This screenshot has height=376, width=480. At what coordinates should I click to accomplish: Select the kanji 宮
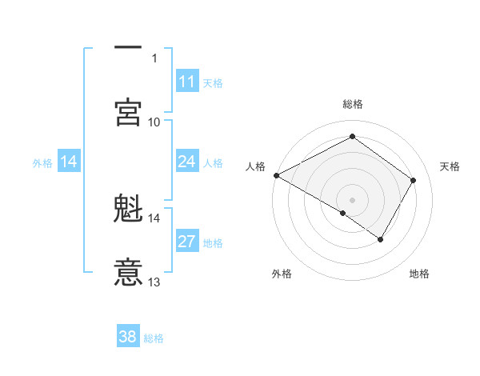pyautogui.click(x=129, y=112)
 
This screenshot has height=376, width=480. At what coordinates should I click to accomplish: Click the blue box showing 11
pyautogui.click(x=187, y=82)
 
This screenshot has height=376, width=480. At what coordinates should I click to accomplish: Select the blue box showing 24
pyautogui.click(x=187, y=162)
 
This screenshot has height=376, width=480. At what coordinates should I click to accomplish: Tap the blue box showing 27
pyautogui.click(x=187, y=242)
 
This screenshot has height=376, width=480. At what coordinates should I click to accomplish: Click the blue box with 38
pyautogui.click(x=128, y=337)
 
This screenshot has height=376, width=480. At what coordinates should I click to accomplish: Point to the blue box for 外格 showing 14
pyautogui.click(x=69, y=162)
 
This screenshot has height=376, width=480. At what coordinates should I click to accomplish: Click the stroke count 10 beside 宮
pyautogui.click(x=154, y=122)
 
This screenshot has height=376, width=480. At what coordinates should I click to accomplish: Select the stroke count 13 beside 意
pyautogui.click(x=154, y=282)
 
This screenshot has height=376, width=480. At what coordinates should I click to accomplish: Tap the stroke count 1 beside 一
pyautogui.click(x=154, y=58)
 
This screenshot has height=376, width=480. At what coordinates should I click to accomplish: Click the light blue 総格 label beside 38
pyautogui.click(x=154, y=338)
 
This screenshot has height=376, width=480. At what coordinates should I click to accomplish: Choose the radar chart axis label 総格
pyautogui.click(x=353, y=104)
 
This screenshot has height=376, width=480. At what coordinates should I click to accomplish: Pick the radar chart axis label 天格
pyautogui.click(x=450, y=166)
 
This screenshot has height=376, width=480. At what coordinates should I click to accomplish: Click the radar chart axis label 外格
pyautogui.click(x=282, y=274)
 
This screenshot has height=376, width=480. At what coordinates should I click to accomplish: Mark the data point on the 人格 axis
pyautogui.click(x=276, y=175)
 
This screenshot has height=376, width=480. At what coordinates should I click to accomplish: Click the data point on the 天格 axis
pyautogui.click(x=414, y=180)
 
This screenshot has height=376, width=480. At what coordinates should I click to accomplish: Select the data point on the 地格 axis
pyautogui.click(x=381, y=239)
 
